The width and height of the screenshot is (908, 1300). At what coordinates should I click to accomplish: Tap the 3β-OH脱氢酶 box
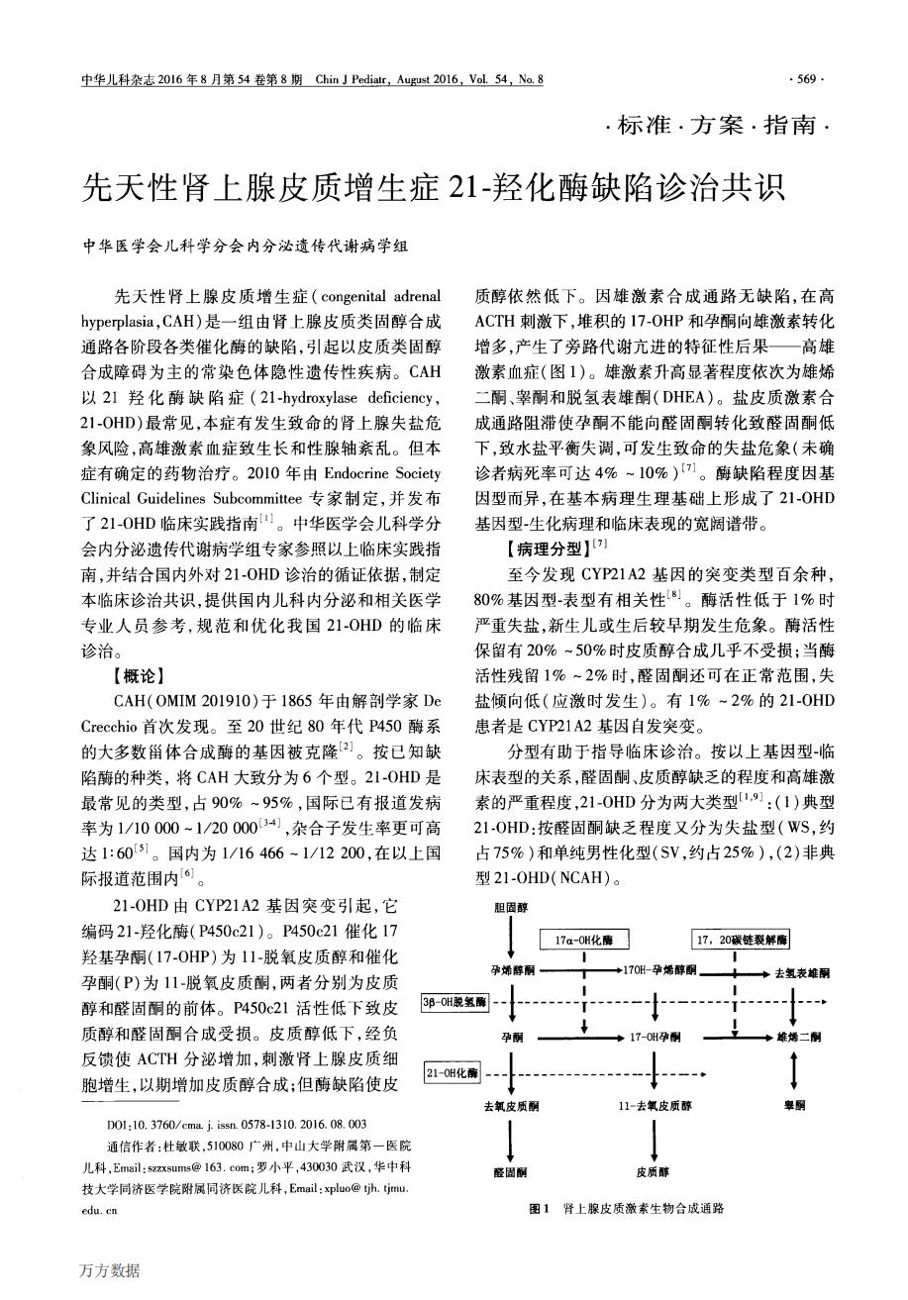(455, 1002)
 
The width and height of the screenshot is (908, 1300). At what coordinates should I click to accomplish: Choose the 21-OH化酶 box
(453, 1072)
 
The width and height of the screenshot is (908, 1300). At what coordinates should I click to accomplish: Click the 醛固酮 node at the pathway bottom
(509, 1172)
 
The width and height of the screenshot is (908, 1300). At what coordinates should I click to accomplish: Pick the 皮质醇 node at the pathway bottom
(654, 1172)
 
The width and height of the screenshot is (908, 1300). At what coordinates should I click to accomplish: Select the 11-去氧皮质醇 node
(653, 1103)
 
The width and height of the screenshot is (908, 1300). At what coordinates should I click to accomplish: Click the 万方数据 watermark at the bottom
(111, 1270)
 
